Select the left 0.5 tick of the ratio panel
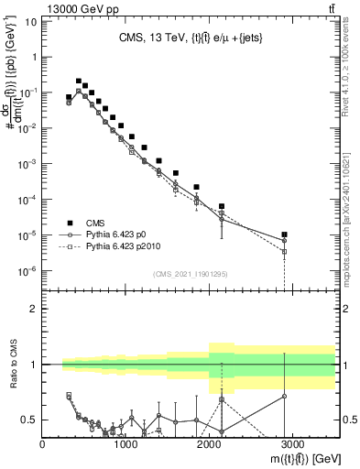30,420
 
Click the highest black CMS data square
79,81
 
